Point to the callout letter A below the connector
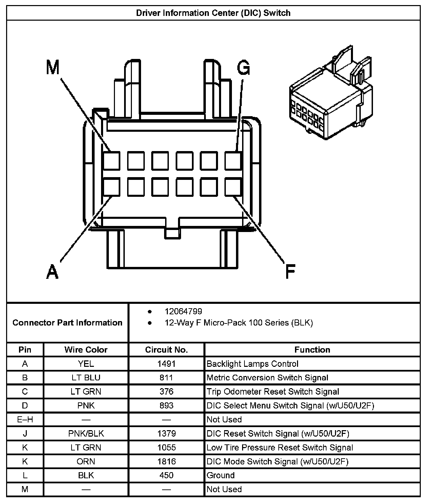(x=52, y=271)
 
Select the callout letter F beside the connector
(x=290, y=271)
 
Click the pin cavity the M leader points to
(x=111, y=161)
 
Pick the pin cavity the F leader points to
(x=233, y=187)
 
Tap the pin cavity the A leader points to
(x=111, y=187)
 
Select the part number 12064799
(x=183, y=311)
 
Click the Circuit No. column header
(x=166, y=350)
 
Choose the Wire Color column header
(x=86, y=350)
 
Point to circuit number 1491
(x=166, y=364)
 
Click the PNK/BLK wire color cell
(x=86, y=434)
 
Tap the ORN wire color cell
(x=86, y=461)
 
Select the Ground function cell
(x=221, y=475)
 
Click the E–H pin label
(x=25, y=420)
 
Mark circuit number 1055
(x=166, y=447)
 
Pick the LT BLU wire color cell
(x=86, y=378)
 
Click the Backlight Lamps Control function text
(x=252, y=364)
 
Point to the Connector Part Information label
(x=67, y=322)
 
